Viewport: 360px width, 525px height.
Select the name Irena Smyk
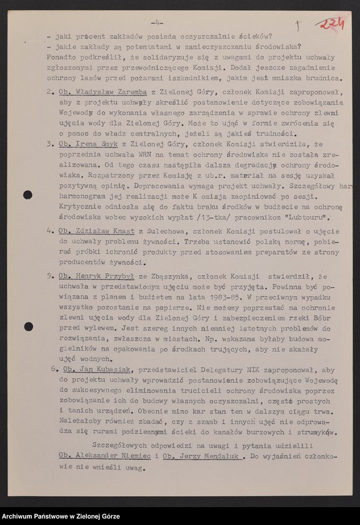(x=89, y=143)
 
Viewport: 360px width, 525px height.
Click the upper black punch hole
(x=28, y=194)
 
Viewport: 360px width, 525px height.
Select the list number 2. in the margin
(x=50, y=91)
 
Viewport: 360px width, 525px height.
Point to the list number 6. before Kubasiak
(x=54, y=369)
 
